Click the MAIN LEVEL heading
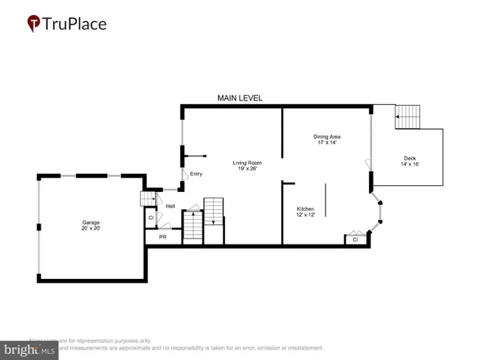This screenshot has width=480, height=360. coord(240,98)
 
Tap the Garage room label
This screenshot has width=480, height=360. coord(91,222)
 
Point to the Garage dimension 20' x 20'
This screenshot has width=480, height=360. coord(91,228)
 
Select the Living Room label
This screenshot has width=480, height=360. coord(247,163)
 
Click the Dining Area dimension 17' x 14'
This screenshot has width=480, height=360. coord(327,142)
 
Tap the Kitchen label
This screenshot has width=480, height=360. coord(305,208)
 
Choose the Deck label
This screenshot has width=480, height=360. coord(409,157)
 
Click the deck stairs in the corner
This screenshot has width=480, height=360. coord(409,117)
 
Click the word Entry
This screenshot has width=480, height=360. coord(196,174)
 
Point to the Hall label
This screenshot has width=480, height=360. coord(170,206)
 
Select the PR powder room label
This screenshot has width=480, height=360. coord(162,236)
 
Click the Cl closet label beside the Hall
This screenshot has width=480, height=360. coord(151,218)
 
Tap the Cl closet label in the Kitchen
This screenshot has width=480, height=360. coord(355,240)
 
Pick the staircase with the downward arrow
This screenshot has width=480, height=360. coord(214,211)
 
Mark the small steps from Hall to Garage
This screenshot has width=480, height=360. coord(148,199)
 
